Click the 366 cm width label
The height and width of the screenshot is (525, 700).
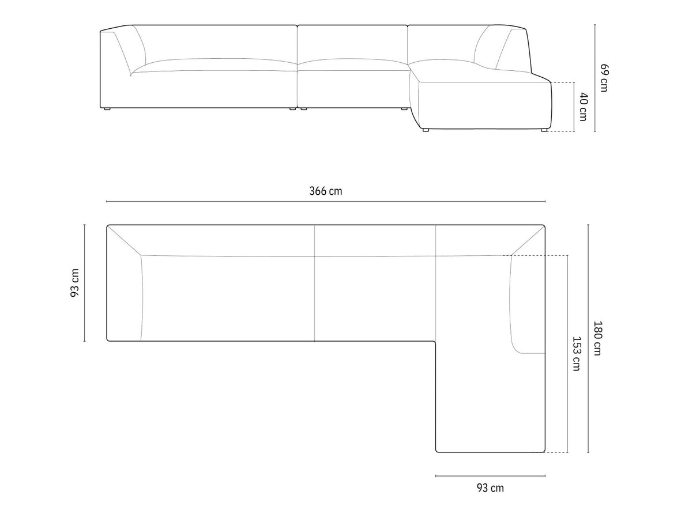326,191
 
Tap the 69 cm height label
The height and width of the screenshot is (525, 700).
604,78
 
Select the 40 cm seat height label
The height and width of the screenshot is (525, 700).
584,107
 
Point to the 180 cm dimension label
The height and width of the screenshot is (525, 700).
597,338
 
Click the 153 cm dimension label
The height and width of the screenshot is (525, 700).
576,353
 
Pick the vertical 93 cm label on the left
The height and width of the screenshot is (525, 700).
74,283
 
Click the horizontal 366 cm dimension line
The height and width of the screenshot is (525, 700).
326,202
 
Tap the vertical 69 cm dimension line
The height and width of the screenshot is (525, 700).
595,78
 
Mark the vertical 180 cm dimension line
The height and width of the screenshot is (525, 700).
588,338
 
